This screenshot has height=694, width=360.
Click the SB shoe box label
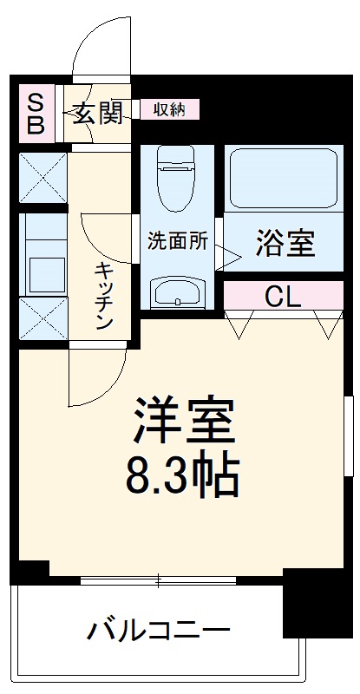click(x=36, y=113)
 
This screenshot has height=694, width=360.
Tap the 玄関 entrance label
click(x=95, y=113)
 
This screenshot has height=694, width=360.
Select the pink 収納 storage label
click(x=169, y=109)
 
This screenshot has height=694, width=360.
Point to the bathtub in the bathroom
click(x=282, y=176)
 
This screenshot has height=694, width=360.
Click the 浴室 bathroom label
click(x=285, y=244)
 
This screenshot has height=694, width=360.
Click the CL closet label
click(x=283, y=298)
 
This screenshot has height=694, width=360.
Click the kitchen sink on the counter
click(x=43, y=272)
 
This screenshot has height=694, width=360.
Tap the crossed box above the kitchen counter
click(x=43, y=178)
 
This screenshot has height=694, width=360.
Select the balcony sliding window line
click(x=160, y=579)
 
